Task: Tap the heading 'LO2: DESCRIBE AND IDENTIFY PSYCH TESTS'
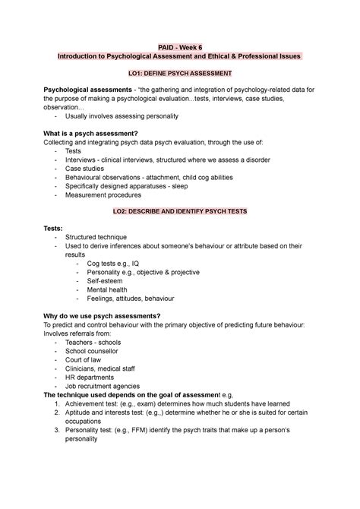coord(180,209)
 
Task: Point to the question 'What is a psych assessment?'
coord(95,132)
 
